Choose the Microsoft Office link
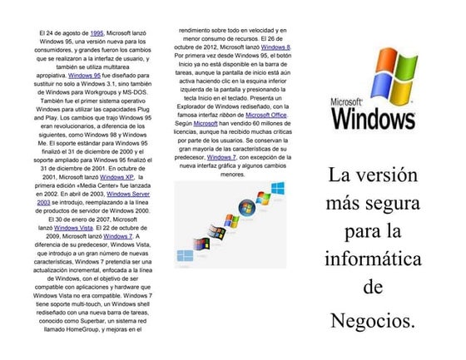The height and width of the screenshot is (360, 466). [266, 116]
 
